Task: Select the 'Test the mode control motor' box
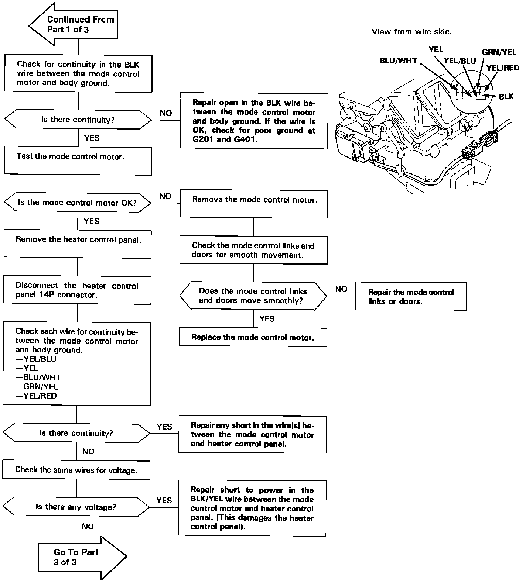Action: click(x=78, y=161)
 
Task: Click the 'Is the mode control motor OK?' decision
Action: click(x=78, y=203)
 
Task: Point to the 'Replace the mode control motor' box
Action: click(x=253, y=337)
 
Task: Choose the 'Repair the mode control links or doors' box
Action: click(x=410, y=297)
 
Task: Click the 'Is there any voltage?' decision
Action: click(x=76, y=507)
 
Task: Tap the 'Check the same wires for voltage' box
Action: click(x=76, y=470)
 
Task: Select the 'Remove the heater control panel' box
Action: click(x=77, y=244)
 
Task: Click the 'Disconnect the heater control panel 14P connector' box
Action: click(x=77, y=290)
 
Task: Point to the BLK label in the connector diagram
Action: click(x=506, y=96)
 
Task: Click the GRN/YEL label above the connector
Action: click(x=499, y=52)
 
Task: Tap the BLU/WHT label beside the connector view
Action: click(x=398, y=61)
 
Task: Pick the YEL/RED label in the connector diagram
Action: click(x=502, y=68)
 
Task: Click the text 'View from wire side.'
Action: click(x=411, y=32)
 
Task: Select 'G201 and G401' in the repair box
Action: click(x=224, y=140)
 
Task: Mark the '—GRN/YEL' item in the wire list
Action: click(x=37, y=387)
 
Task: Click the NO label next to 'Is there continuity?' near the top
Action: click(x=166, y=113)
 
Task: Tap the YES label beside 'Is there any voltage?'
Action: click(x=164, y=500)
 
